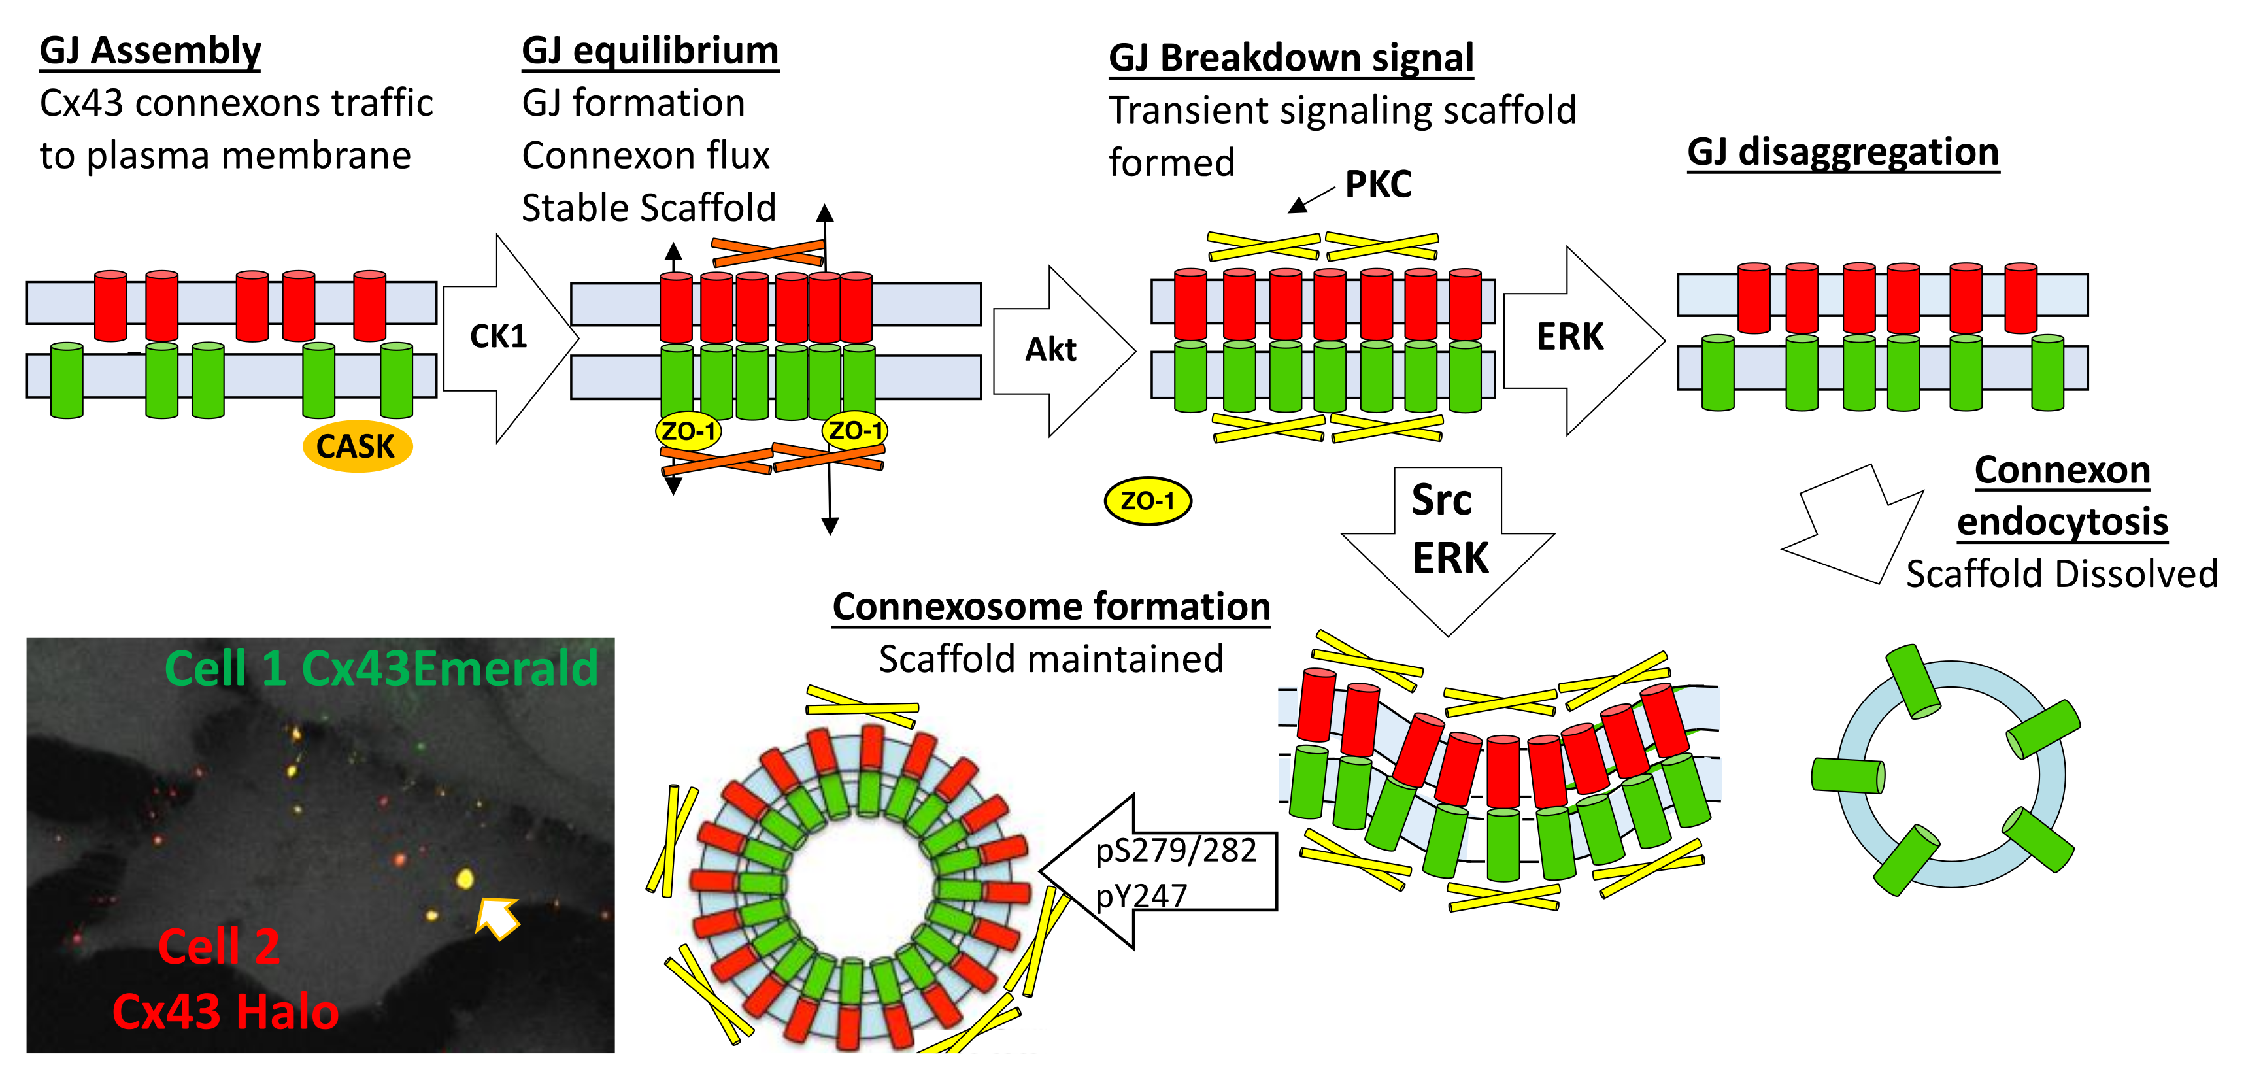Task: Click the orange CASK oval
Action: coord(357,447)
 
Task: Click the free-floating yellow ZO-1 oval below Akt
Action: coord(1147,501)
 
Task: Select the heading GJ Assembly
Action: coord(150,50)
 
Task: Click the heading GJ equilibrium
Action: coord(650,50)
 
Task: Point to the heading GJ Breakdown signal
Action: coord(1290,58)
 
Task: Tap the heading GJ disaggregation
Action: coord(1842,152)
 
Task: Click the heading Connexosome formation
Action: coord(1050,607)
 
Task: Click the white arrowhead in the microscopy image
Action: coord(497,917)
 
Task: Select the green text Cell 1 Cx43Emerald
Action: coord(381,669)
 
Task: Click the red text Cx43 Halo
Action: coord(225,1012)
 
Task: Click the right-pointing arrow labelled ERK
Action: coord(1578,340)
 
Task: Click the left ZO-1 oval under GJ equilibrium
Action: coord(688,431)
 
